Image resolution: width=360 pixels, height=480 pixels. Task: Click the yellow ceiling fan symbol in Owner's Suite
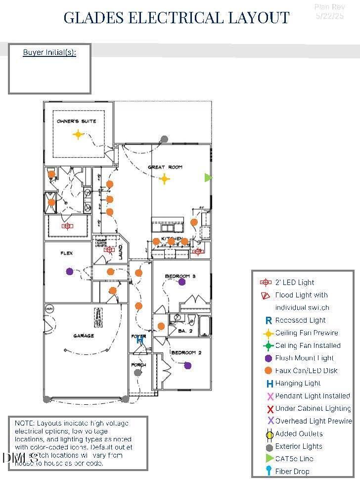(x=78, y=134)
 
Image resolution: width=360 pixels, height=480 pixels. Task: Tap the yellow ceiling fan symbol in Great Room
(x=164, y=179)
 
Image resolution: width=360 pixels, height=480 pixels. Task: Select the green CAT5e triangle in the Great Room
(x=208, y=177)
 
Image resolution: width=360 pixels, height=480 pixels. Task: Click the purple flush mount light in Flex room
(x=69, y=271)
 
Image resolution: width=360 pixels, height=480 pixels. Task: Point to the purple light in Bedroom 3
(x=182, y=282)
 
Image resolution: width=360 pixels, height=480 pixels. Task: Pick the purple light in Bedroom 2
(x=187, y=366)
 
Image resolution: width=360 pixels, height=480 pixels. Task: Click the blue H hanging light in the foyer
(x=140, y=340)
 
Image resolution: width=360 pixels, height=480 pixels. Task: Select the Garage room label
(x=84, y=336)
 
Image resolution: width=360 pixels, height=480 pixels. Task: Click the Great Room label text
(x=165, y=167)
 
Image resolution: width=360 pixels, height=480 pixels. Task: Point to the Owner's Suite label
(x=76, y=121)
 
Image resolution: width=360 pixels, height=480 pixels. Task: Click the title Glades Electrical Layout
(x=177, y=18)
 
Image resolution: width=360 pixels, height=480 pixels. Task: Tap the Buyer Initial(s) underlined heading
(x=49, y=52)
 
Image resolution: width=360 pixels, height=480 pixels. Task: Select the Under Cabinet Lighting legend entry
(x=313, y=408)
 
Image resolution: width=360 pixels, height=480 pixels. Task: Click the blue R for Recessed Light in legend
(x=269, y=321)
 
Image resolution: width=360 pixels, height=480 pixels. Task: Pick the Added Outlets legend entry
(x=299, y=433)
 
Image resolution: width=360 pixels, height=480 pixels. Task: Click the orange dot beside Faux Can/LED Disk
(x=269, y=371)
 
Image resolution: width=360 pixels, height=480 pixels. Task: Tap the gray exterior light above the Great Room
(x=164, y=139)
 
